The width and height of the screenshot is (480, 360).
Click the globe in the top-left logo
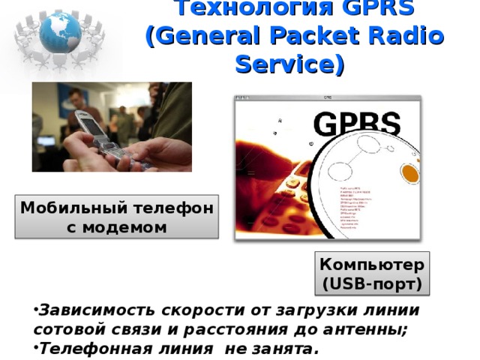click(60, 31)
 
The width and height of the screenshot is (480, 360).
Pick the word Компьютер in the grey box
click(372, 265)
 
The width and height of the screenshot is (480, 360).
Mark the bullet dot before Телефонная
click(35, 347)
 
